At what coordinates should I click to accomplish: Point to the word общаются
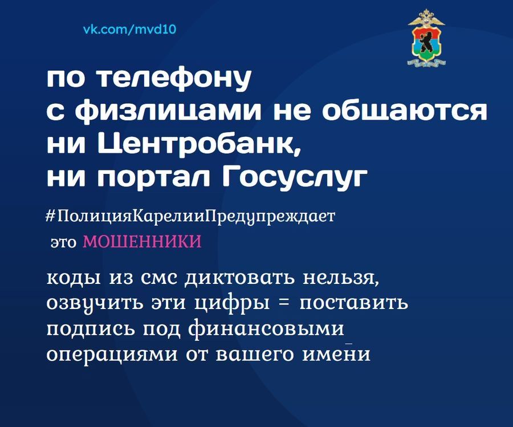tap(405, 112)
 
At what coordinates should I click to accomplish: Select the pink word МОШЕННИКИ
tap(142, 242)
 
